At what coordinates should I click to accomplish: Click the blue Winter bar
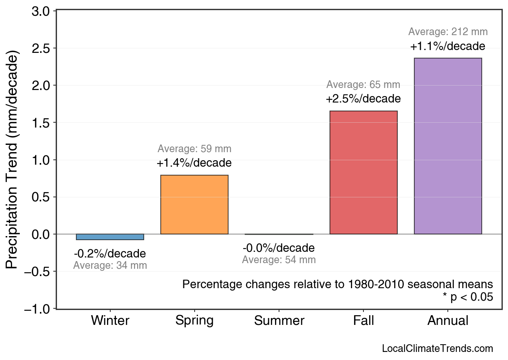pyautogui.click(x=110, y=237)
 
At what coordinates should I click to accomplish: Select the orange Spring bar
pyautogui.click(x=194, y=205)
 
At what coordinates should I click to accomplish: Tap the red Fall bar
pyautogui.click(x=363, y=173)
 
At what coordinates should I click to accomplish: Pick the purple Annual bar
pyautogui.click(x=448, y=146)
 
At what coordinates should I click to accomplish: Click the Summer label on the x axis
pyautogui.click(x=279, y=321)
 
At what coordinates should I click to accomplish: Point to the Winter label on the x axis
pyautogui.click(x=110, y=321)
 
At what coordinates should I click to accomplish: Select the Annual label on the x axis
pyautogui.click(x=448, y=321)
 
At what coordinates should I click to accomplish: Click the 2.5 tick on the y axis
pyautogui.click(x=41, y=48)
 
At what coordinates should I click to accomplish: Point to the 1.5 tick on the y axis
pyautogui.click(x=41, y=123)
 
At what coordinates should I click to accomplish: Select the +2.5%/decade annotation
pyautogui.click(x=363, y=99)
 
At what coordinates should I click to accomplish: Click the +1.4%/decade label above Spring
pyautogui.click(x=194, y=163)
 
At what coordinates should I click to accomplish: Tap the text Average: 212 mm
pyautogui.click(x=448, y=31)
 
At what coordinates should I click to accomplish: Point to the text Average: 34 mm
pyautogui.click(x=110, y=266)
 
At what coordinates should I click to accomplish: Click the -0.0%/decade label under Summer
pyautogui.click(x=279, y=248)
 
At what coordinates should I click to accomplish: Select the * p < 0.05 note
pyautogui.click(x=468, y=297)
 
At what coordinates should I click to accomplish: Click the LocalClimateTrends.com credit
pyautogui.click(x=437, y=349)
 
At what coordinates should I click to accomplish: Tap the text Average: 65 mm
pyautogui.click(x=363, y=85)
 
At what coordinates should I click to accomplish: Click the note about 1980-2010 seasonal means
pyautogui.click(x=338, y=284)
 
